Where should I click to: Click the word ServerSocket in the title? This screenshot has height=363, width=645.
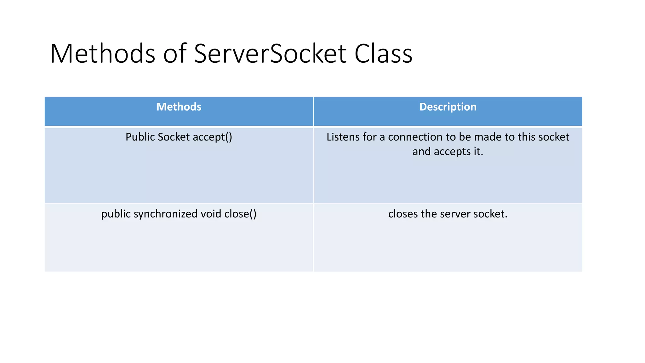pos(270,54)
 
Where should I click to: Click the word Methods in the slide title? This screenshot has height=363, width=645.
pos(102,54)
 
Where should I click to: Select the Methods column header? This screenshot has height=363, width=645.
pos(179,107)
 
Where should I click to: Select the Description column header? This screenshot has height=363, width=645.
pos(448,107)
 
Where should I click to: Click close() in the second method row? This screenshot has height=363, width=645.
pos(240,214)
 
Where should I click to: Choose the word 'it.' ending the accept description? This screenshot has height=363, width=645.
pos(478,152)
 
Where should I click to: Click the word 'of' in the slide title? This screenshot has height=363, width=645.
pos(175,54)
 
